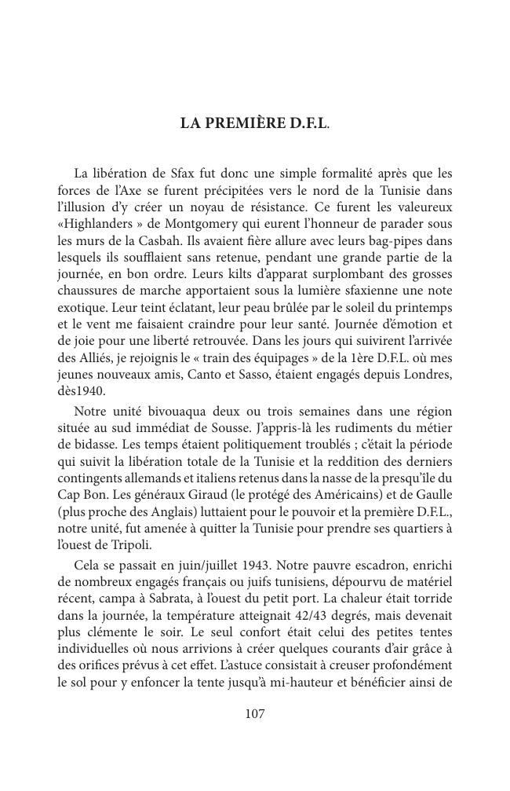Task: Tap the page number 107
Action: point(255,713)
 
